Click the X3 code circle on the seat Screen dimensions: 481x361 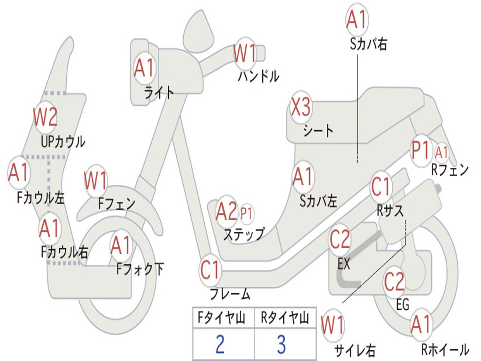coord(301,108)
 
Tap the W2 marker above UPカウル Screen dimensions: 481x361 coord(45,117)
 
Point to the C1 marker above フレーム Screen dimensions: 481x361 coord(210,270)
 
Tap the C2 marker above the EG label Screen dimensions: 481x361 coord(395,281)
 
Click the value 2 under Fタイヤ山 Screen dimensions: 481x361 coord(220,345)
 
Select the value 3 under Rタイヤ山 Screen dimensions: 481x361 coord(281,345)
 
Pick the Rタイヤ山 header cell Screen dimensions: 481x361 coord(285,319)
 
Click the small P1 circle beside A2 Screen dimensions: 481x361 coord(246,214)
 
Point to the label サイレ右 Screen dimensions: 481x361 coord(355,350)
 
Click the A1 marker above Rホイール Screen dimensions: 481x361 coord(420,325)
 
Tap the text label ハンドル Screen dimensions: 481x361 coord(258,76)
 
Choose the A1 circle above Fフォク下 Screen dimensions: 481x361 coord(121,245)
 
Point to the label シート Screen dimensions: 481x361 coord(318,130)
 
